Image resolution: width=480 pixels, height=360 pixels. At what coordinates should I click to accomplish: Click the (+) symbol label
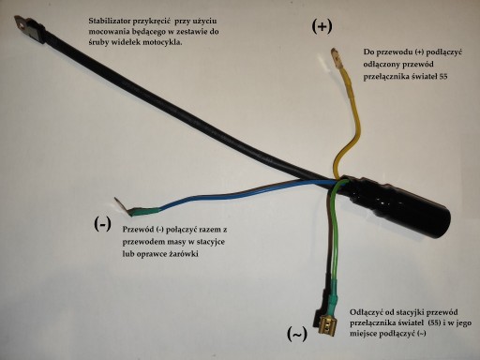coord(322,27)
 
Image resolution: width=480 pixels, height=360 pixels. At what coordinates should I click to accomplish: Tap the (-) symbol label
coord(102,224)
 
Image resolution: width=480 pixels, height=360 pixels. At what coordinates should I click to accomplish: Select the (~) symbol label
coord(297,334)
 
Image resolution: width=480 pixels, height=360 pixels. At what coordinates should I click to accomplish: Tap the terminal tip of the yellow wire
coord(335,58)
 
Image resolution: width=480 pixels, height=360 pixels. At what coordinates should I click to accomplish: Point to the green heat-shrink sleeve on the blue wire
coord(145,211)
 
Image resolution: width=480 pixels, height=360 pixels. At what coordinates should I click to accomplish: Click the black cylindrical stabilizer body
coord(396,207)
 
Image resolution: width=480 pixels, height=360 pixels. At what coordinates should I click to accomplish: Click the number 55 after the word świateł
coord(443,76)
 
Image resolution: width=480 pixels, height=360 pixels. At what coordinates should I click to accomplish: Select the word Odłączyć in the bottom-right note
coord(364,312)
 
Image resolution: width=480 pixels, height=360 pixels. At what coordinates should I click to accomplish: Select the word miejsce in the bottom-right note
coord(363,334)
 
